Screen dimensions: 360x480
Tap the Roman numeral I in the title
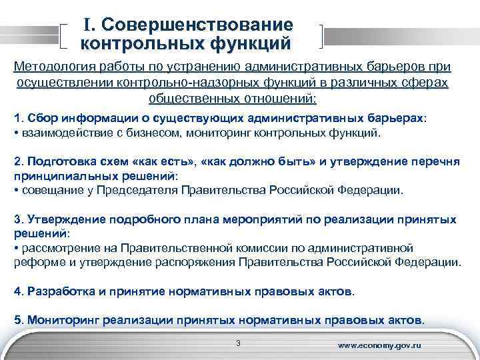[x=88, y=25]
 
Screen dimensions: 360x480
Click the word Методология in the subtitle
[x=55, y=68]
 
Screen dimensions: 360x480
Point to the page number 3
[x=238, y=344]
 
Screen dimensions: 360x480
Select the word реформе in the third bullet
[x=35, y=262]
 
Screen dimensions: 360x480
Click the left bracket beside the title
[x=63, y=35]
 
